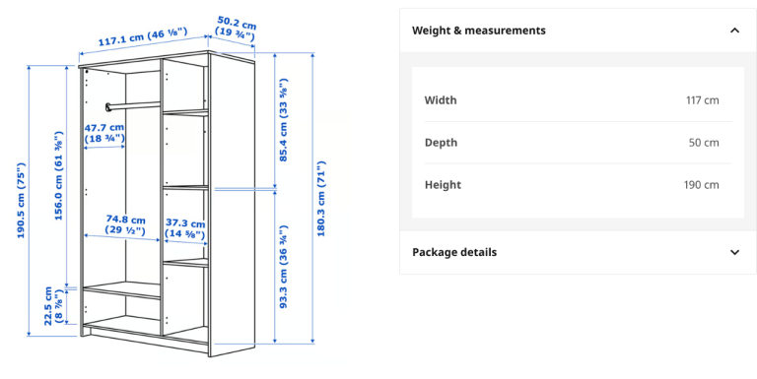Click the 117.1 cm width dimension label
coord(142,37)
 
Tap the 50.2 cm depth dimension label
coord(237,28)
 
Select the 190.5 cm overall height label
coord(21,200)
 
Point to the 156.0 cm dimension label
coord(58,175)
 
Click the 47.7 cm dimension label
coord(104,133)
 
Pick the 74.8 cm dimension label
coord(125,225)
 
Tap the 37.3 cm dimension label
coord(185,229)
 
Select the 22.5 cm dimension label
coord(53,306)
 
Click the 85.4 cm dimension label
coord(284,119)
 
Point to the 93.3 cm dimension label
coord(284,267)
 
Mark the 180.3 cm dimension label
coord(321,198)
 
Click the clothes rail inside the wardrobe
coord(133,105)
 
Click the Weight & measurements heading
coord(479,31)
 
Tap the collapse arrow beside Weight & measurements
coord(734,31)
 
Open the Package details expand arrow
coord(734,252)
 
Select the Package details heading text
coord(454,252)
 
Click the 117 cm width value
coord(703,100)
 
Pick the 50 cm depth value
coord(704,143)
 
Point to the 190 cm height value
coord(702,185)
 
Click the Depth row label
coord(441,143)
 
